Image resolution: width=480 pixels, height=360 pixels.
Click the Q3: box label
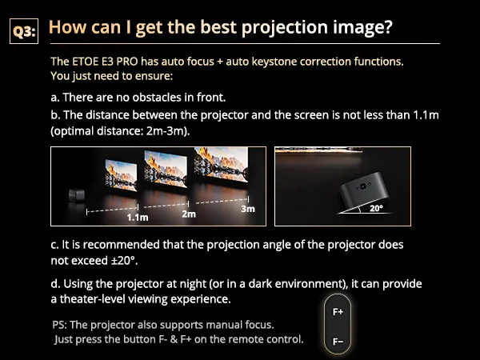tap(24, 31)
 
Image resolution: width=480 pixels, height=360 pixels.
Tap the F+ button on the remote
tap(338, 312)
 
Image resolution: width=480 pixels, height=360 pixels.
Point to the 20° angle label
tap(376, 209)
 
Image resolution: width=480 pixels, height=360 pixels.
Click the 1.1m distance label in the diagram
tap(138, 218)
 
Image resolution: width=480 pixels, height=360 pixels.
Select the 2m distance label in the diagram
tap(189, 214)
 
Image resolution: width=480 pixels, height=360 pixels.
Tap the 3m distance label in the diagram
tap(248, 209)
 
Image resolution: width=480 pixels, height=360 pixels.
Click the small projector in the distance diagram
tap(77, 196)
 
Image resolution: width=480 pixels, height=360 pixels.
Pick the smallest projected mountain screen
tap(121, 175)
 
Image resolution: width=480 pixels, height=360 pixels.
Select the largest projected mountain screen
tap(221, 165)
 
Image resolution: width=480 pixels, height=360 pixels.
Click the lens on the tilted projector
tap(363, 186)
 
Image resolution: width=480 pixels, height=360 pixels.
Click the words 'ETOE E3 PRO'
tap(105, 62)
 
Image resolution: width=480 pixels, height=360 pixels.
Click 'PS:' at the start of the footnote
tap(59, 325)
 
